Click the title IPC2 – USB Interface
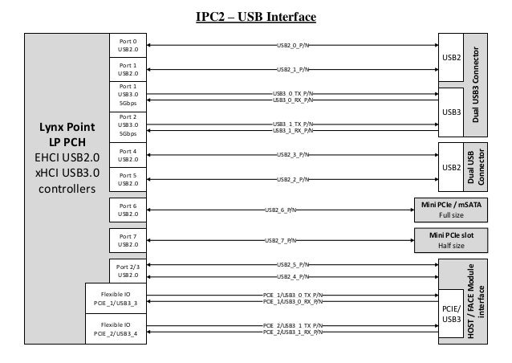(x=256, y=17)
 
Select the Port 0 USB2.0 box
(x=128, y=45)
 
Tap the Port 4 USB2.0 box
(x=128, y=154)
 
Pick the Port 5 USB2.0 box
(x=128, y=178)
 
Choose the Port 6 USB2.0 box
(x=128, y=210)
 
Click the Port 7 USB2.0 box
(x=128, y=239)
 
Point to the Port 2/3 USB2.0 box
(x=128, y=270)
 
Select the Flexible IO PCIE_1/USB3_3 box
(x=116, y=298)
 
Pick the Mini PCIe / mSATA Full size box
(x=450, y=210)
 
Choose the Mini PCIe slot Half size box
(x=450, y=239)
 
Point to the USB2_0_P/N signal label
(x=293, y=45)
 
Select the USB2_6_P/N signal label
(x=280, y=210)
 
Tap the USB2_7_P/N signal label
(x=280, y=240)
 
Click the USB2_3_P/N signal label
(x=293, y=154)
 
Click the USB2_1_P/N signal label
(x=293, y=70)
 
